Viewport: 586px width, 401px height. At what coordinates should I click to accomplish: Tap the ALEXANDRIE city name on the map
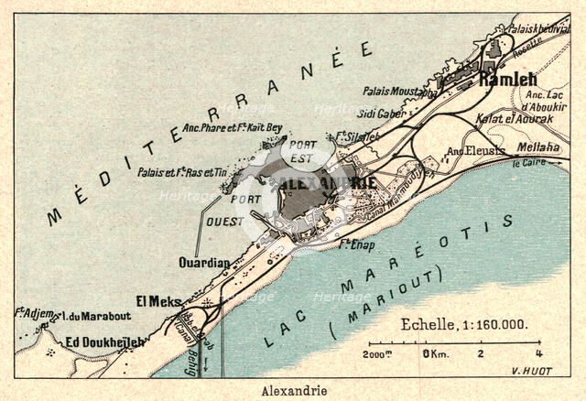[x=331, y=183]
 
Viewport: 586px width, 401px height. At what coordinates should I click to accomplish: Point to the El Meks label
[x=156, y=300]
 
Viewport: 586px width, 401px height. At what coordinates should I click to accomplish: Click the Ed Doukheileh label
[x=104, y=342]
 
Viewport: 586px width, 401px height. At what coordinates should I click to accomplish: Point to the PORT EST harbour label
[x=302, y=150]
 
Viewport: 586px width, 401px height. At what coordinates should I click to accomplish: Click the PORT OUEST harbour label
[x=244, y=210]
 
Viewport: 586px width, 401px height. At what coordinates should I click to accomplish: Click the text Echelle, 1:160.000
[x=465, y=324]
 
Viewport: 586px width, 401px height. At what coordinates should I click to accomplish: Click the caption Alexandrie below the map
[x=294, y=390]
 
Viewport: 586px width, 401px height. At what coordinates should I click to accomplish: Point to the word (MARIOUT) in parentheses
[x=387, y=301]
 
